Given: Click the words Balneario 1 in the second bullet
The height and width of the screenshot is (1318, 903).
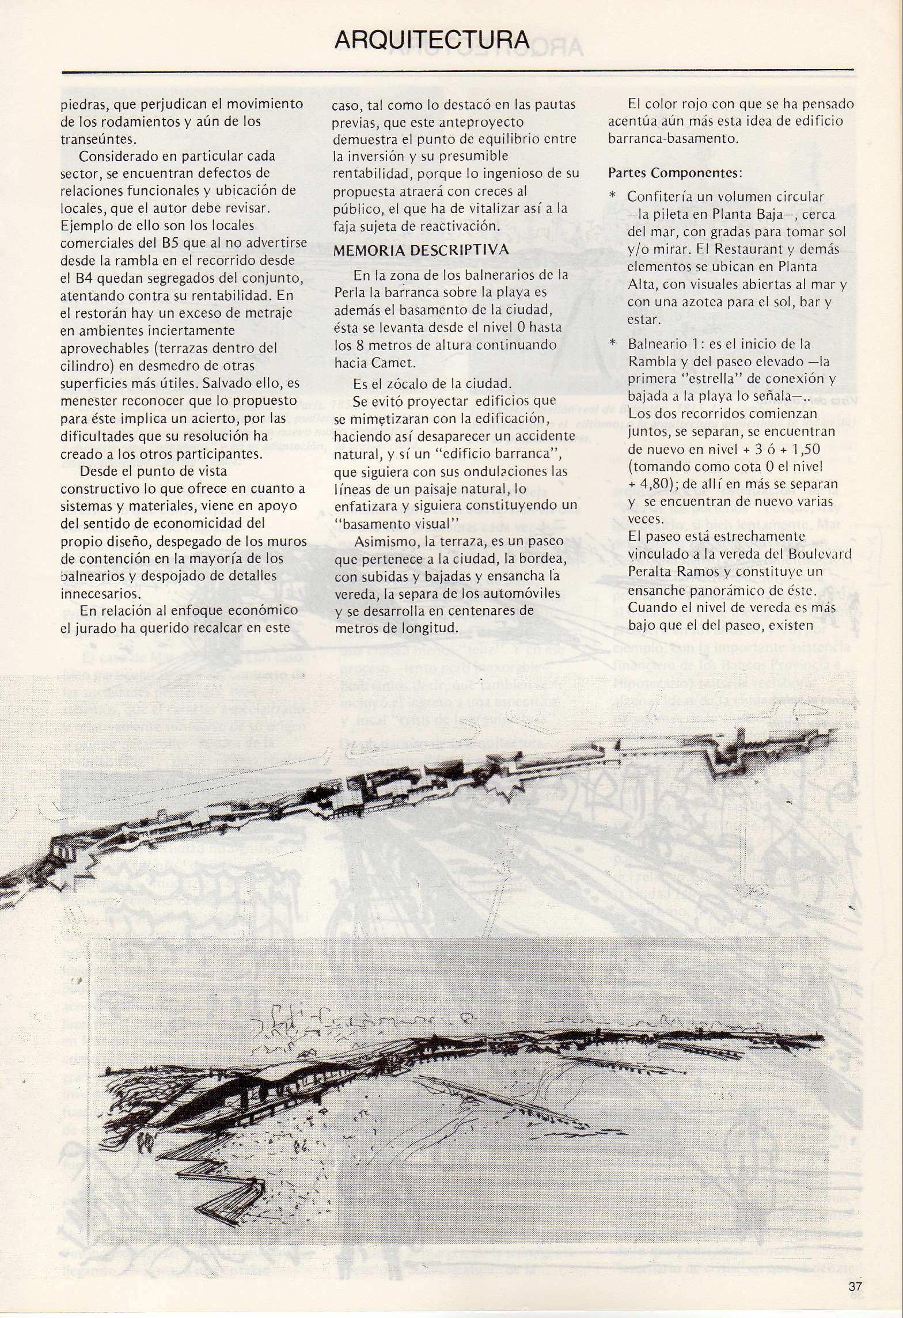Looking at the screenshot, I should click(657, 344).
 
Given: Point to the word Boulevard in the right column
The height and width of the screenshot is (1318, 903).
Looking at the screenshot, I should click(826, 554).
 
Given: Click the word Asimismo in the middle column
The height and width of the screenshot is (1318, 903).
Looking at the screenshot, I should click(382, 542).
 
